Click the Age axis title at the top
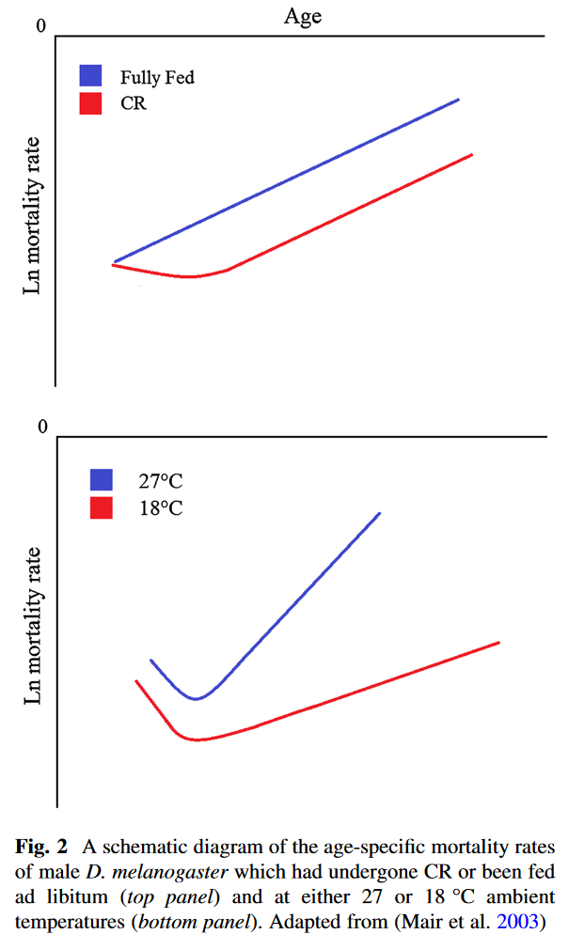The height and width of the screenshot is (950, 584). (304, 17)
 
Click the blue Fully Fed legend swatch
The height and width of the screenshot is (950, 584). (91, 76)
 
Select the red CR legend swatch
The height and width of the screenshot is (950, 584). (91, 103)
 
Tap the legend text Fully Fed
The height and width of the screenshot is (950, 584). (157, 77)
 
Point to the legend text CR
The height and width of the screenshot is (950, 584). (134, 103)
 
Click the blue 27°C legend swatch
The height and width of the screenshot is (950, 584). (101, 480)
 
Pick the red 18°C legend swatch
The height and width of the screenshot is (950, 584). (101, 508)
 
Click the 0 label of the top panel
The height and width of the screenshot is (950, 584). (40, 26)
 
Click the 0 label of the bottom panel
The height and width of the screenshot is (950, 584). (40, 428)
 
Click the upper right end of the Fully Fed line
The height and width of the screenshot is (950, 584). (458, 99)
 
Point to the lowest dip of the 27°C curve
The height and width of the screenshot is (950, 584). (196, 698)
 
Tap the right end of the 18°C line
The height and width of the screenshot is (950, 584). (497, 643)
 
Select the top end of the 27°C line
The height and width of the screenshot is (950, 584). (379, 513)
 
